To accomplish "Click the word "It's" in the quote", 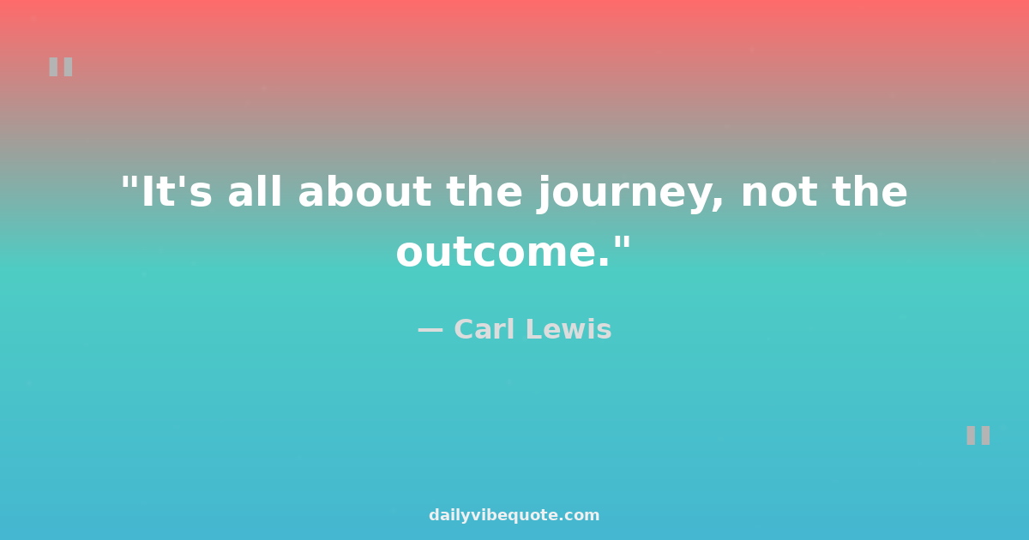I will (x=176, y=193).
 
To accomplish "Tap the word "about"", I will (x=365, y=193).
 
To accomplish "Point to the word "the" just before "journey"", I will (x=484, y=193).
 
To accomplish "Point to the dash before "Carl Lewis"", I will (x=430, y=330).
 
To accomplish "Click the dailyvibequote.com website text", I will (x=514, y=515).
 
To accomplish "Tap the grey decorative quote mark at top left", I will (x=60, y=67).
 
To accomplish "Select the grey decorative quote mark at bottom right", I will (x=978, y=435).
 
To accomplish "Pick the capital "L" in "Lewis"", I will (x=537, y=330).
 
